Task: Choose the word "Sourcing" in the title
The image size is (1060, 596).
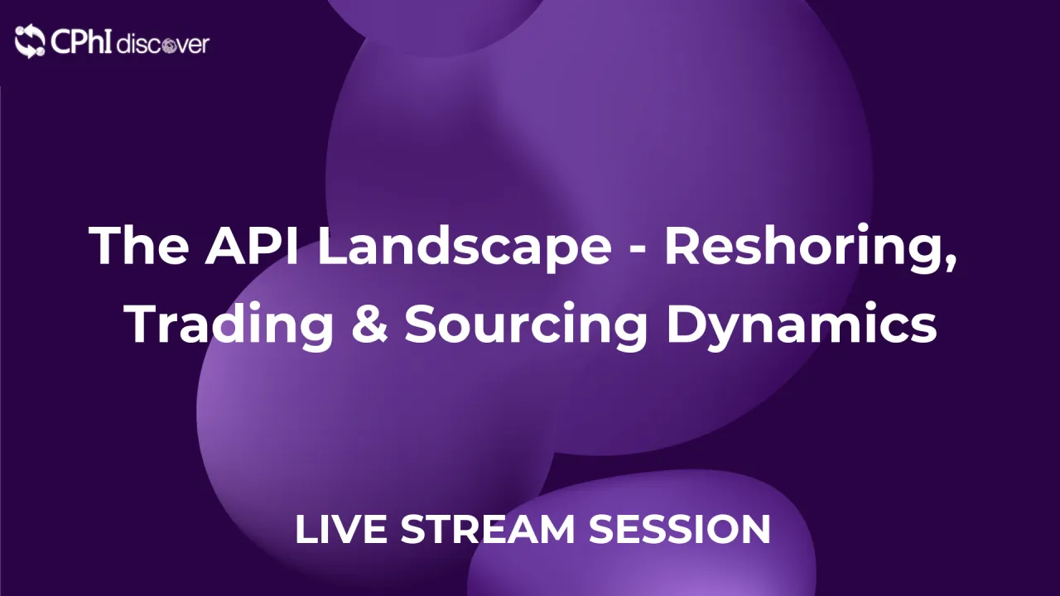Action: pos(525,325)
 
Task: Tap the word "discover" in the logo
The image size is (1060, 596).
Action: pos(163,44)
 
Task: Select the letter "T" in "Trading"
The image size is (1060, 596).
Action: pos(143,324)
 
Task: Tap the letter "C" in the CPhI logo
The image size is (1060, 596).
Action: pos(60,41)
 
